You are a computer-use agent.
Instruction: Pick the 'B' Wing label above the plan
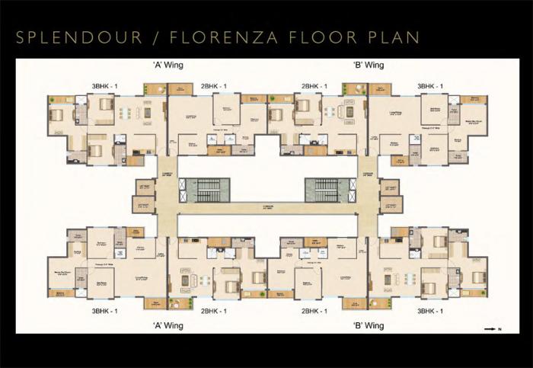tap(368, 66)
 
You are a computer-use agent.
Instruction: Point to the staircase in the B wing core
tap(326, 190)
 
